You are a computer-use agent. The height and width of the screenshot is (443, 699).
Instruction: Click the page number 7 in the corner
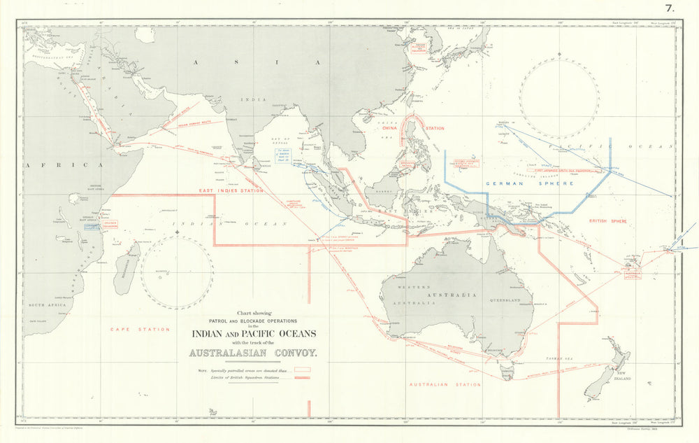pyautogui.click(x=669, y=8)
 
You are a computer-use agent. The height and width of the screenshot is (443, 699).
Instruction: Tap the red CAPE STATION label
pyautogui.click(x=140, y=329)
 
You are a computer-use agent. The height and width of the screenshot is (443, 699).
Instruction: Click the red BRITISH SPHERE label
pyautogui.click(x=607, y=221)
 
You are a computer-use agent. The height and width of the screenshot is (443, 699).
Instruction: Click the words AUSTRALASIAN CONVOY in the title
pyautogui.click(x=254, y=353)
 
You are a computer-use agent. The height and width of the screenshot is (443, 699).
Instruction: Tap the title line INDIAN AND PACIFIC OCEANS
pyautogui.click(x=254, y=333)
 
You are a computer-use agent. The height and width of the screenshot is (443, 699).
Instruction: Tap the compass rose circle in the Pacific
pyautogui.click(x=559, y=95)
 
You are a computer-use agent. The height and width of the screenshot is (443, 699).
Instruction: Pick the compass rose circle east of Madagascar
pyautogui.click(x=177, y=272)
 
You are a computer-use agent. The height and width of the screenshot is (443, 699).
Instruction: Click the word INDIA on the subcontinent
pyautogui.click(x=254, y=99)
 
